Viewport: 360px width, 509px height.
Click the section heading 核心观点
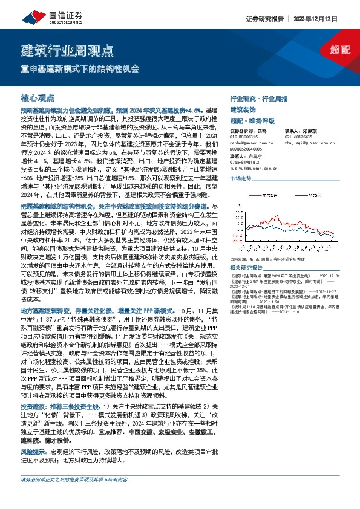click(x=38, y=99)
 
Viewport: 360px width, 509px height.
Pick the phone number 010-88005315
click(x=244, y=137)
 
